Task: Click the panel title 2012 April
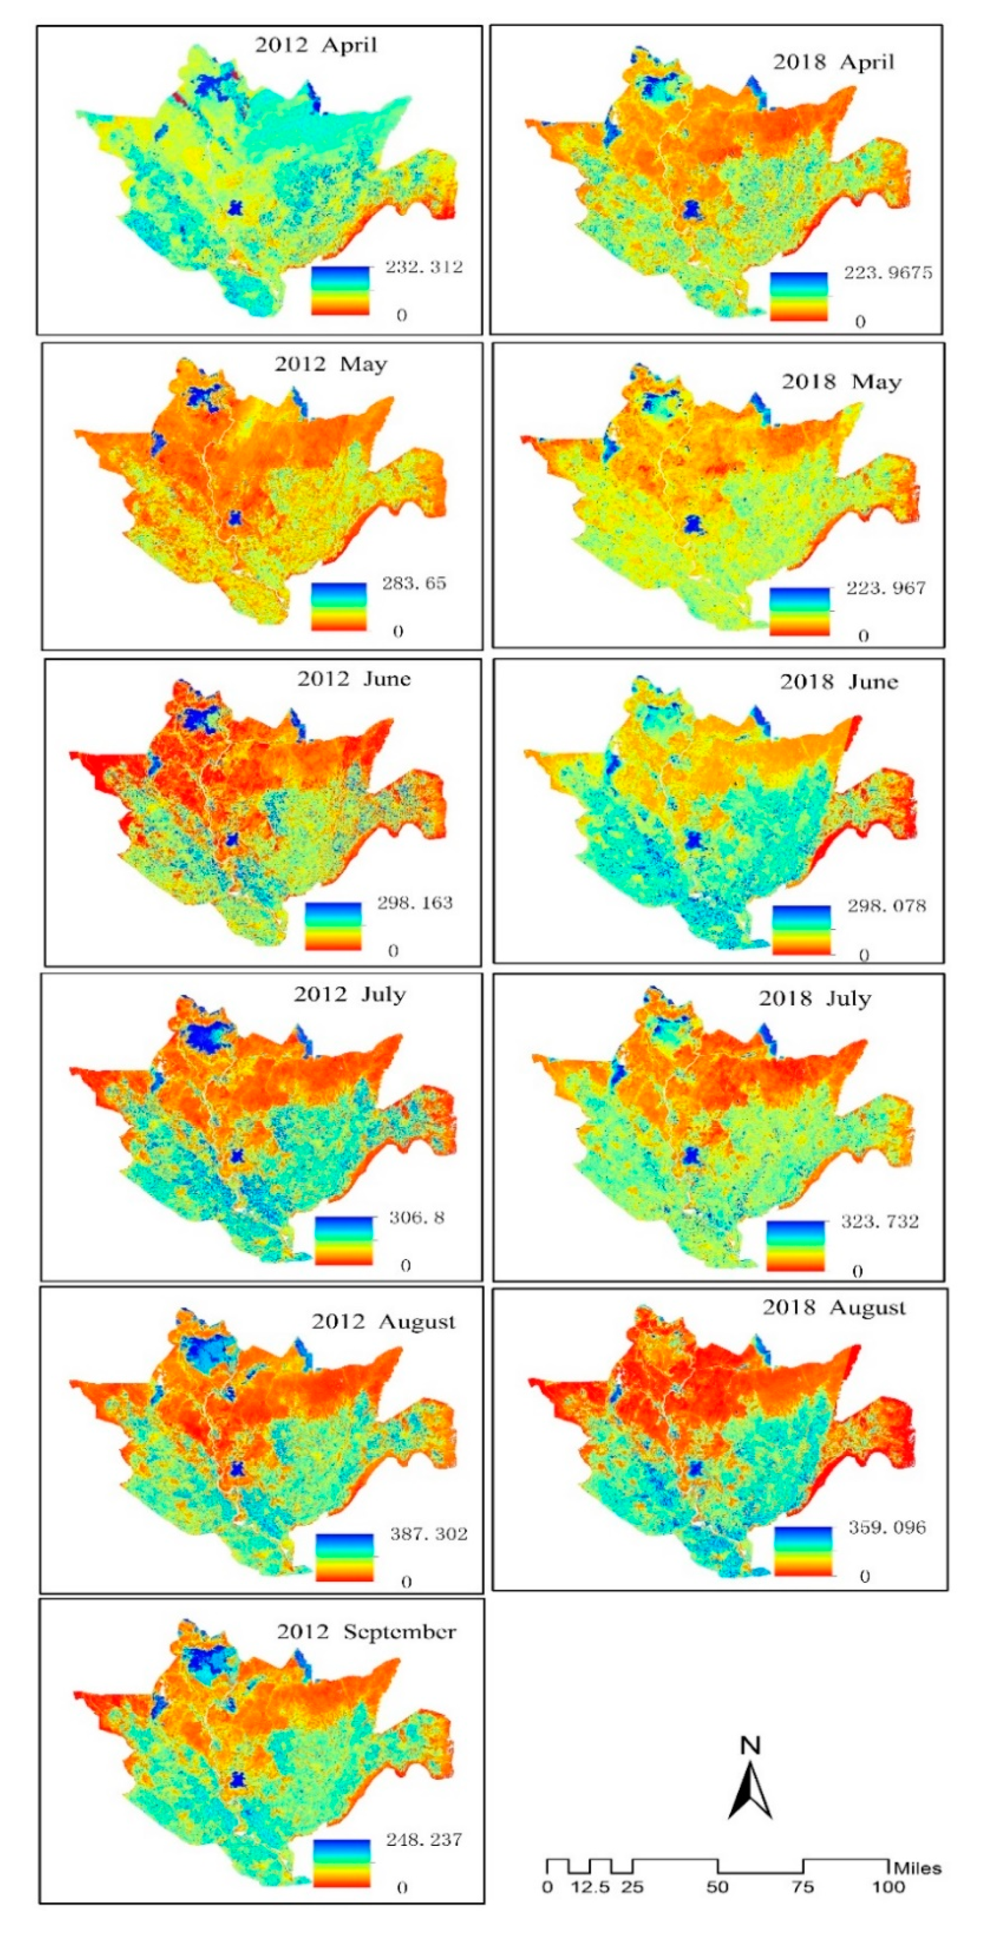315,45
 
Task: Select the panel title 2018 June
838,682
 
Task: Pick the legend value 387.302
428,1533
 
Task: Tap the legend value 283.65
414,583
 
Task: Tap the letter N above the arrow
750,1745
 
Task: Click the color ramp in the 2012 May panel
339,606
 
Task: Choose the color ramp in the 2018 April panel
798,297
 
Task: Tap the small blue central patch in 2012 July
238,1155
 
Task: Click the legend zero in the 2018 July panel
857,1271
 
